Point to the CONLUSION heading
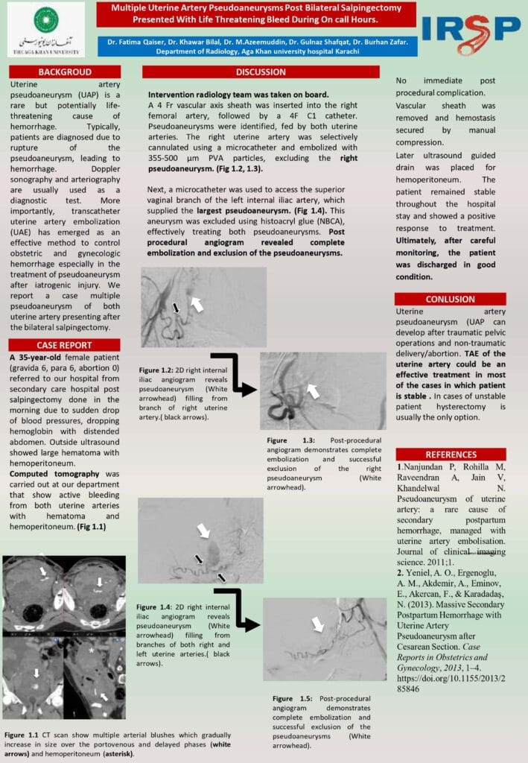point(450,299)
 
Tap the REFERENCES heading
point(451,455)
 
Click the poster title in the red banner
point(255,14)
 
